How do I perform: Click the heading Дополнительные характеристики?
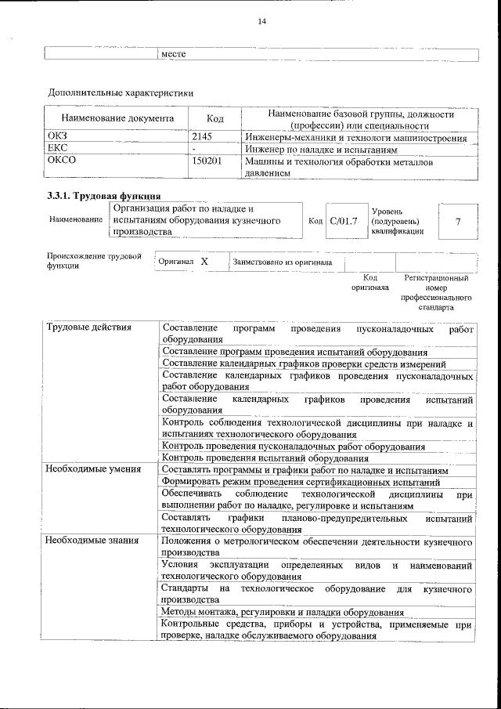[121, 92]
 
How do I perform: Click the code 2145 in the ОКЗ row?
[203, 137]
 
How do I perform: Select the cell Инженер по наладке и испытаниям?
[316, 149]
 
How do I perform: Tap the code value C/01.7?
[343, 222]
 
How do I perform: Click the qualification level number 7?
[457, 222]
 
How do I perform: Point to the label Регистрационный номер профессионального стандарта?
[435, 292]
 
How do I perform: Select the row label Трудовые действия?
[88, 327]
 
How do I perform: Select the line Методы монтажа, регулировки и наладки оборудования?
[282, 612]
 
